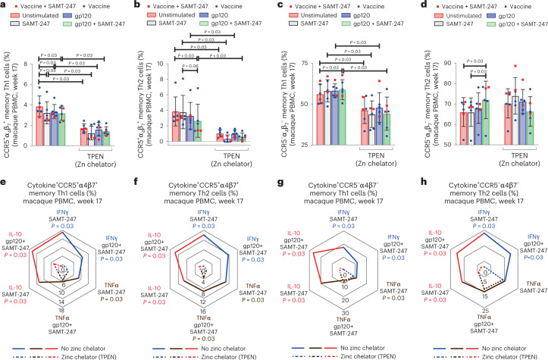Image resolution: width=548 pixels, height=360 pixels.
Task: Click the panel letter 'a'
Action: click(5, 5)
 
